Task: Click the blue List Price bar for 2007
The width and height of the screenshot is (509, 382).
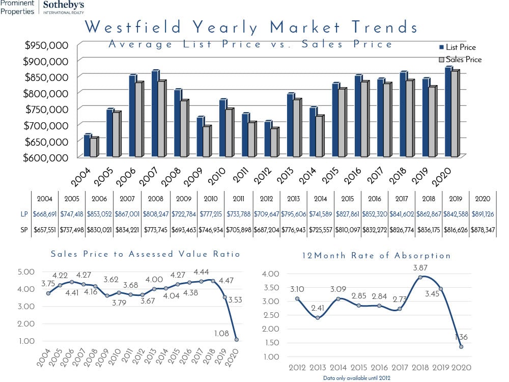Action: click(155, 114)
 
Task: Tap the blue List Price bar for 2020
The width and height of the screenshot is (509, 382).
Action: click(448, 112)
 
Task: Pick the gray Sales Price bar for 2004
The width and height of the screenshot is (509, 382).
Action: click(93, 147)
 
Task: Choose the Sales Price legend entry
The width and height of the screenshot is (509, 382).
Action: click(460, 60)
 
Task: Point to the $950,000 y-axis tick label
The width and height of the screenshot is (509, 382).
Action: click(47, 45)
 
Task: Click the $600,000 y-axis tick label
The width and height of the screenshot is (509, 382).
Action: click(47, 157)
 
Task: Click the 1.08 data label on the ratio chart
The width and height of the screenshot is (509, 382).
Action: click(221, 333)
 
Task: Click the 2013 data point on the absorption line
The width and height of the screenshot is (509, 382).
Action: click(318, 318)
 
